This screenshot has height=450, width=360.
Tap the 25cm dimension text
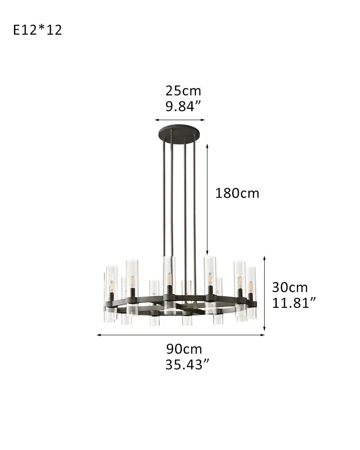[183, 90]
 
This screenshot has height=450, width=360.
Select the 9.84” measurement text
[183, 107]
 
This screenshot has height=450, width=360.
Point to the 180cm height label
[237, 193]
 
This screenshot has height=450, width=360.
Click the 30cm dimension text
[290, 287]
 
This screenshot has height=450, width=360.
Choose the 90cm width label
[184, 349]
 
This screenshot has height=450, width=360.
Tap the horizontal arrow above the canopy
[180, 120]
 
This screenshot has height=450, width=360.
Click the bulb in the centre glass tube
[169, 279]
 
